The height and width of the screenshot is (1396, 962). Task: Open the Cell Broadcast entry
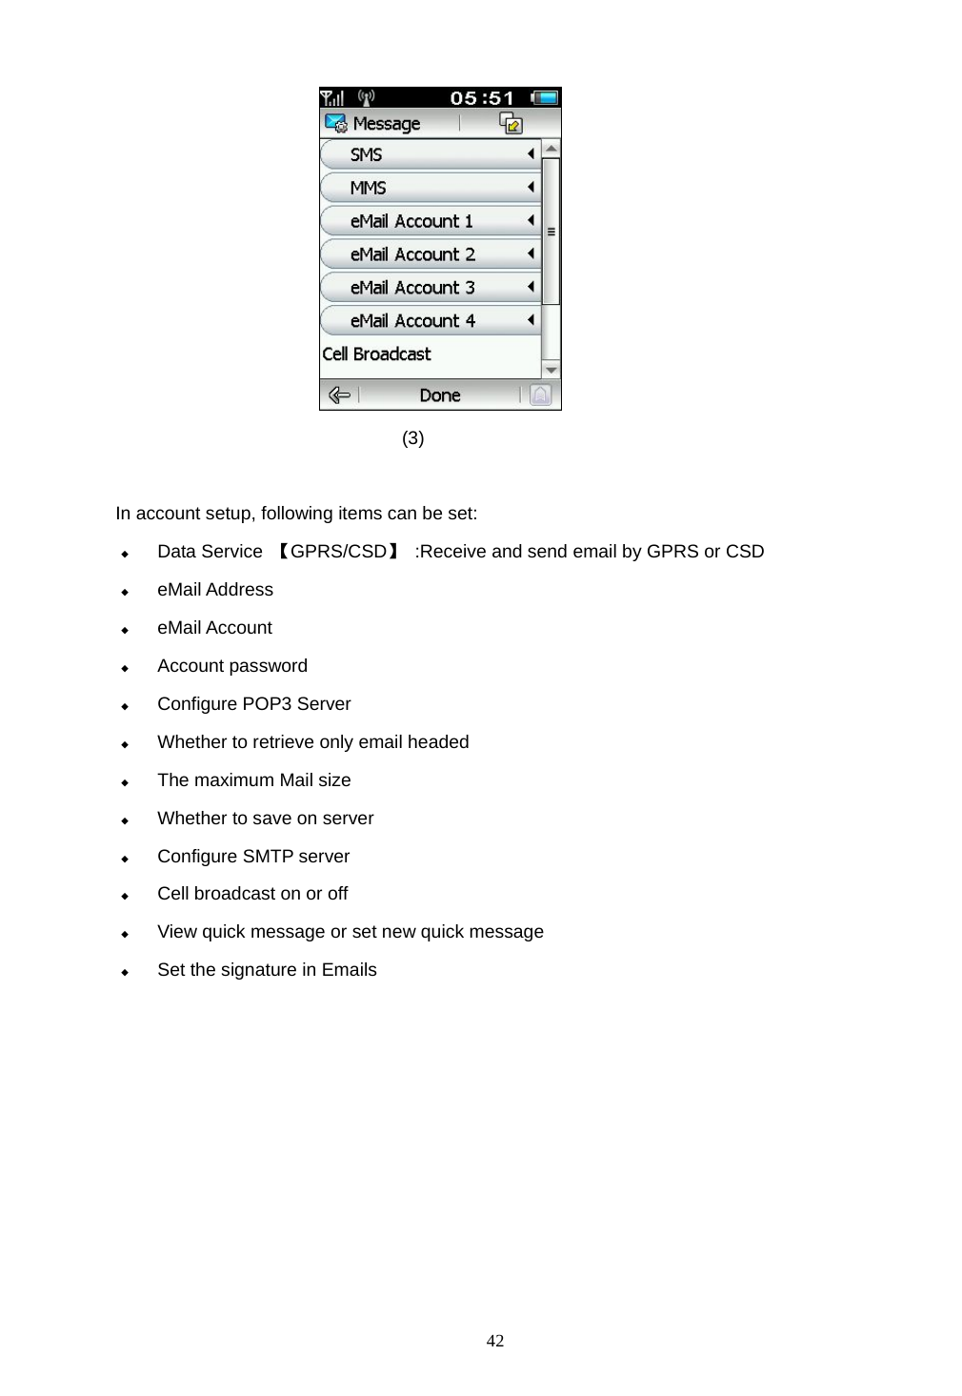(x=377, y=354)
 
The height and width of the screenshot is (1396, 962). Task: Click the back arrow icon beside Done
(x=339, y=395)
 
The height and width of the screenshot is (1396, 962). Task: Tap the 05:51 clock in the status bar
(x=482, y=98)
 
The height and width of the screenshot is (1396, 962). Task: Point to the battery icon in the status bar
(x=545, y=97)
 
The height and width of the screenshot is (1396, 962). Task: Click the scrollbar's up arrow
(x=551, y=149)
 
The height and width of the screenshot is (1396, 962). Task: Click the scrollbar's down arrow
(x=551, y=370)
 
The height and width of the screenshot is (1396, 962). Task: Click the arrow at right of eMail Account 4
(x=531, y=320)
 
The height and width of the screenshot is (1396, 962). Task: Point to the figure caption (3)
(x=412, y=438)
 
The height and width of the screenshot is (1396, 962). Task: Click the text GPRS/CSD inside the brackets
(x=338, y=552)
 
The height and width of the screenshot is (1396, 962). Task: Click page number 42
(x=495, y=1341)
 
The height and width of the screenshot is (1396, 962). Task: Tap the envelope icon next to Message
(x=335, y=124)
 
